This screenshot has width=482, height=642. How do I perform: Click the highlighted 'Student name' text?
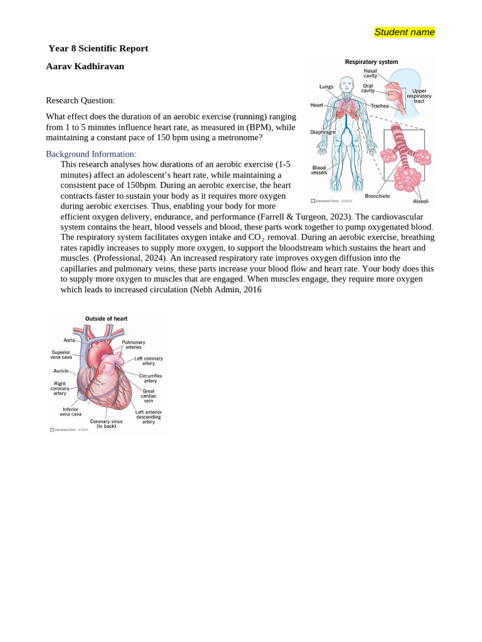(x=404, y=32)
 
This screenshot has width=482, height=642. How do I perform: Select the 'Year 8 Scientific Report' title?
(x=98, y=48)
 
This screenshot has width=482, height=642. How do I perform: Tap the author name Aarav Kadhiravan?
(x=85, y=66)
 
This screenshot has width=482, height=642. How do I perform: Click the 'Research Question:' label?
(x=80, y=100)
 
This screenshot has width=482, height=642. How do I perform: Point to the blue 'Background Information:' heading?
(x=91, y=154)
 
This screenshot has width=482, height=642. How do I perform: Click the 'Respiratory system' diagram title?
(x=372, y=62)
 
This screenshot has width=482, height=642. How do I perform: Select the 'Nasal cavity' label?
(x=370, y=73)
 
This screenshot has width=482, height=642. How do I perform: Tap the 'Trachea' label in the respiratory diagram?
(x=380, y=106)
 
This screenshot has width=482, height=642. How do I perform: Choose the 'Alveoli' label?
(x=420, y=201)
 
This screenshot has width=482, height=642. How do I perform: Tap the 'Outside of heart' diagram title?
(x=106, y=318)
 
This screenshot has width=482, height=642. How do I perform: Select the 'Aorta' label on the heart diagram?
(x=69, y=340)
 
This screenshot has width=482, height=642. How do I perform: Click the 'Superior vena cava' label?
(x=62, y=355)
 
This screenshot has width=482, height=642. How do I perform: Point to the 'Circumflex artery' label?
(x=151, y=378)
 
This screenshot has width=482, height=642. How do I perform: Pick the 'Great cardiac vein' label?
(x=149, y=396)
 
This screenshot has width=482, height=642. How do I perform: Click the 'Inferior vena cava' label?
(x=70, y=412)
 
